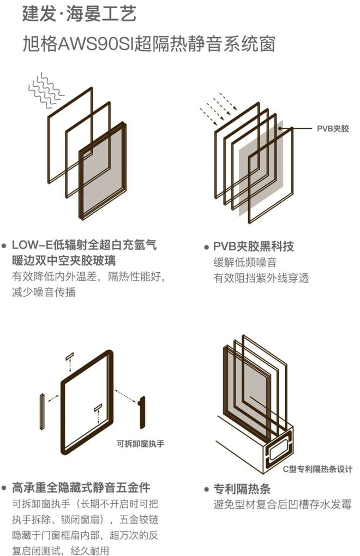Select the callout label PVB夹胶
tap(332, 129)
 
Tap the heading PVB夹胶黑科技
tap(253, 246)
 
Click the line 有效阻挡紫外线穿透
tap(261, 278)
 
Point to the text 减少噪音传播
tap(44, 292)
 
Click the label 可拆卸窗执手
tap(140, 443)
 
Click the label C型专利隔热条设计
tap(317, 469)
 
